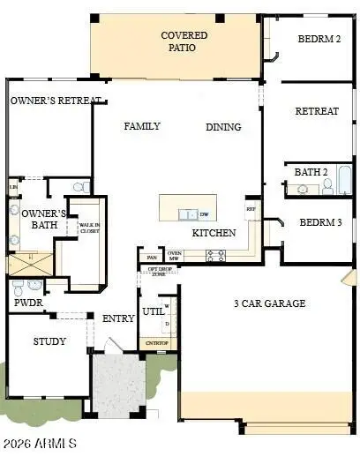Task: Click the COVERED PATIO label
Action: pos(184,41)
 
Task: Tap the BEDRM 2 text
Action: pos(319,38)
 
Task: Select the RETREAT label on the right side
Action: pos(316,111)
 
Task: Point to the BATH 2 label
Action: pos(311,172)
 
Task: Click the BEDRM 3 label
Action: pos(319,222)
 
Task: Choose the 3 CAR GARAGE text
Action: pos(269,303)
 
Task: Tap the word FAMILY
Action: pos(141,126)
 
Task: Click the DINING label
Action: pos(223,127)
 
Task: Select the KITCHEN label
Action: pos(214,233)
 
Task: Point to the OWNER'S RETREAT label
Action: pos(56,101)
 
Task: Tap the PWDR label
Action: pos(23,303)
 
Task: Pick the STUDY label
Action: pos(49,341)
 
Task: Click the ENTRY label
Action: pos(118,318)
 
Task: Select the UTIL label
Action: pos(154,311)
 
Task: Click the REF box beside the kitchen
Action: pos(251,209)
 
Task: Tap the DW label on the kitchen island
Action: pos(204,214)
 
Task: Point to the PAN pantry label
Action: pos(151,257)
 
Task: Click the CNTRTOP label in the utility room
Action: pos(157,343)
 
